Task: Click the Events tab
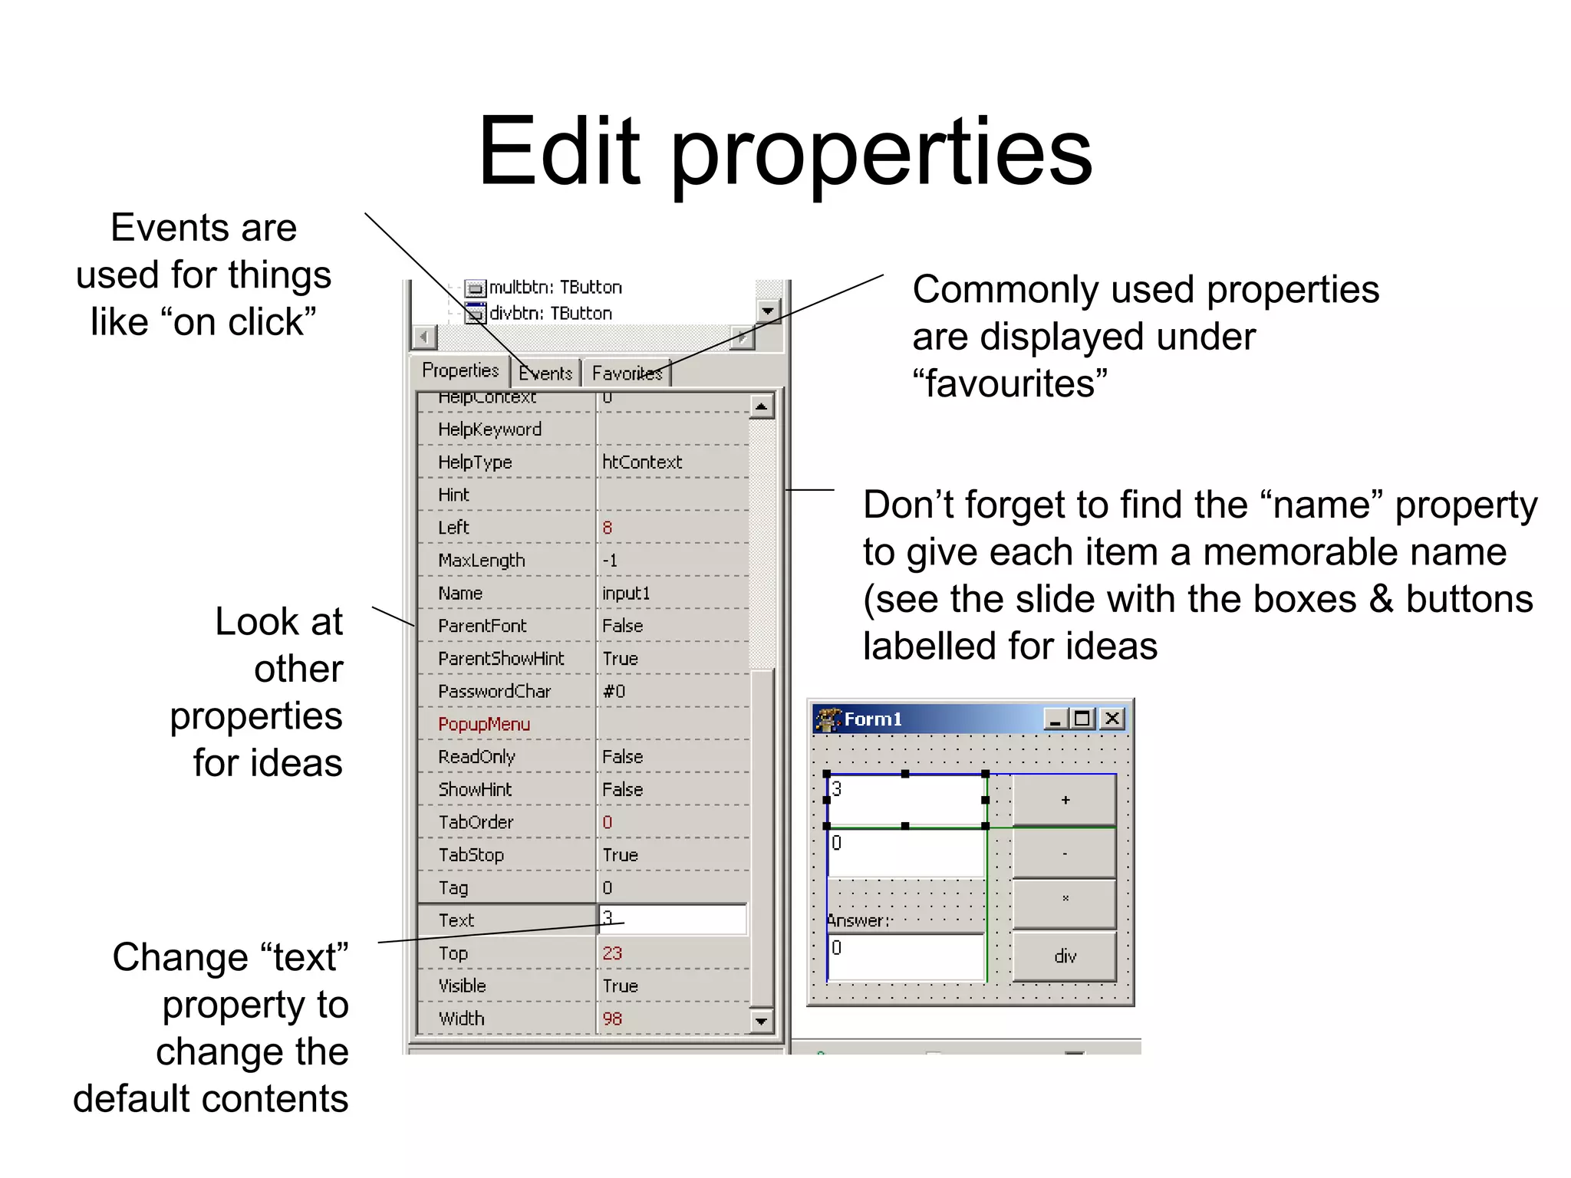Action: tap(545, 373)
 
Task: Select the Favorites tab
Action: tap(626, 373)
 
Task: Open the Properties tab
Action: tap(460, 370)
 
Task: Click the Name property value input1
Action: tap(626, 593)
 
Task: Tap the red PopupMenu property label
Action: tap(484, 724)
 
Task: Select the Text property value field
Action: tap(672, 919)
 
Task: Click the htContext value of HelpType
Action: tap(642, 462)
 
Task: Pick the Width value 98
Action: tap(612, 1018)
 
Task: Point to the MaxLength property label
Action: tap(482, 561)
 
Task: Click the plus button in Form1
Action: tap(1064, 800)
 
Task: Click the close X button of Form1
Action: tap(1112, 719)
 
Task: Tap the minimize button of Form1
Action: tap(1056, 719)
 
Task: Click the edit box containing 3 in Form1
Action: tap(905, 800)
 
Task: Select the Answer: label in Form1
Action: tap(858, 920)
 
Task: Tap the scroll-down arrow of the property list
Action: tap(761, 1021)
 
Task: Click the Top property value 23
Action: tap(612, 953)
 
